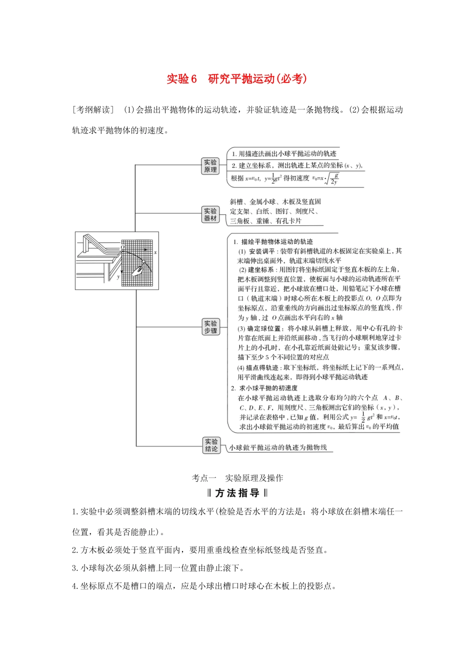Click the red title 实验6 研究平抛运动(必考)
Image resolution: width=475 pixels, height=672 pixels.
236,79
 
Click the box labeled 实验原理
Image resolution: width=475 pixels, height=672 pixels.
210,166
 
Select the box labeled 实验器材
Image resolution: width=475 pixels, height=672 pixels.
210,214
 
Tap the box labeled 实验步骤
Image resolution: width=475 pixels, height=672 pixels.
210,327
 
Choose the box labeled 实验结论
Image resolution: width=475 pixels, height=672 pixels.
211,445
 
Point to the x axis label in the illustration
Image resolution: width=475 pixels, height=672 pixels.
155,252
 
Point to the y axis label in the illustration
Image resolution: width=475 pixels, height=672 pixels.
118,276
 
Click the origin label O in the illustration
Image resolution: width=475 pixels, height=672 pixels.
122,247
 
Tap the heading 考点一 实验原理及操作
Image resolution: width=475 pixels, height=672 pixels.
237,478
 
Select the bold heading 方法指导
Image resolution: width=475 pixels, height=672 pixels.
237,493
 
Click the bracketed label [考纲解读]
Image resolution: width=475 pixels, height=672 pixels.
93,110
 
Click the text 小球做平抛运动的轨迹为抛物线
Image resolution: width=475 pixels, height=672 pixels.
278,447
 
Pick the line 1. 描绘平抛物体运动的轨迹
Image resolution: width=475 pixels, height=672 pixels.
273,241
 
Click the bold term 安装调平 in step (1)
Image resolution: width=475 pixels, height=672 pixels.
261,251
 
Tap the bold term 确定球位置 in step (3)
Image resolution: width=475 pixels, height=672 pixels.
264,328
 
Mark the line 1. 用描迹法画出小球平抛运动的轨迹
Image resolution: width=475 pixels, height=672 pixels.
284,153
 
